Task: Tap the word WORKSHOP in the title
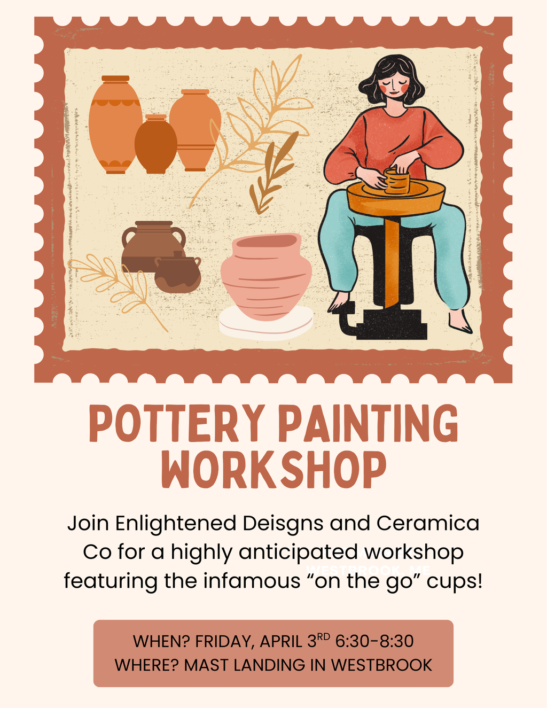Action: click(273, 470)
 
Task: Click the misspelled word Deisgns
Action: click(283, 523)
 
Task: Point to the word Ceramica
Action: click(427, 523)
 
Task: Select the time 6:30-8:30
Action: click(374, 641)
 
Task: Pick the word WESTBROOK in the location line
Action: click(381, 665)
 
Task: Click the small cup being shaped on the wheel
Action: click(397, 181)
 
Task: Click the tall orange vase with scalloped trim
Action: click(115, 126)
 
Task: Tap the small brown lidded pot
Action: click(178, 274)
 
